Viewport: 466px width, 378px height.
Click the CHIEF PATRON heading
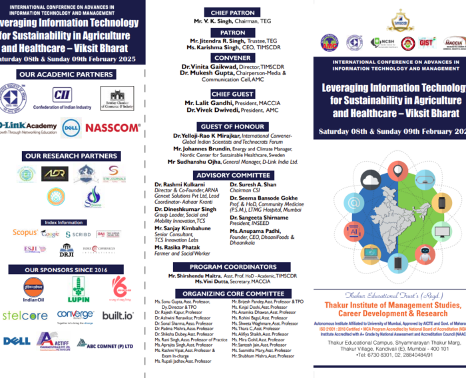233,13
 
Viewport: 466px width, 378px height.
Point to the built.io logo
118,315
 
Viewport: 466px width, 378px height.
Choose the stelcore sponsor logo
25,315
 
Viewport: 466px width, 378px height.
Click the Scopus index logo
25,233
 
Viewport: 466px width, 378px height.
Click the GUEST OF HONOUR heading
233,126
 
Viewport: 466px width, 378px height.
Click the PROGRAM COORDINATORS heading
233,266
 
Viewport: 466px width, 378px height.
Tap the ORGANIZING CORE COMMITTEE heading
233,293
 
